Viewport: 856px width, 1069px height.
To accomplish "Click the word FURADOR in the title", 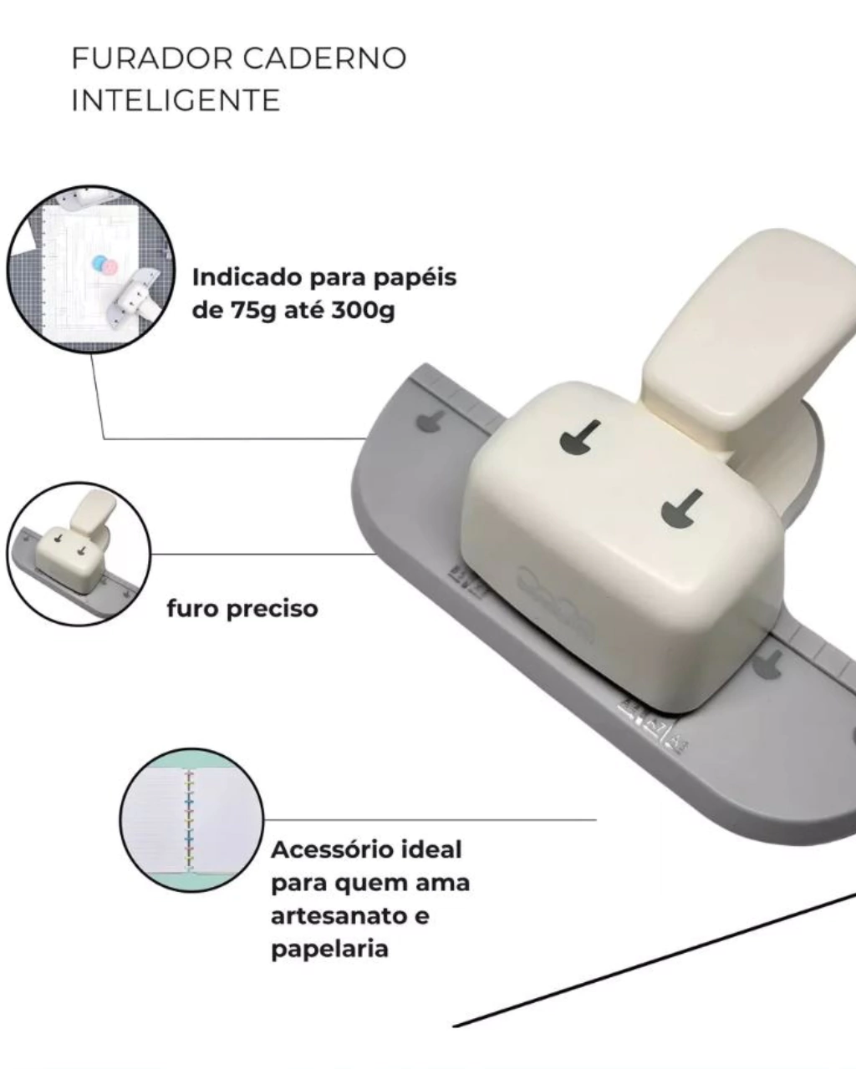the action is (152, 58).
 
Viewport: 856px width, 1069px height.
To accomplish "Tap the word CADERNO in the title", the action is (325, 58).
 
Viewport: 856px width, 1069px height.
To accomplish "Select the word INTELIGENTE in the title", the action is (176, 100).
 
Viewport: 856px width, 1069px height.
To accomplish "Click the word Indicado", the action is (247, 277).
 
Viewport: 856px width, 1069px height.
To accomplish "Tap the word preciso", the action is (272, 609).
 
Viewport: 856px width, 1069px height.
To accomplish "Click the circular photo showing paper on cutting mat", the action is (91, 269).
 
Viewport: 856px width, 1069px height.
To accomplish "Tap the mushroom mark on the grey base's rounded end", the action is (429, 421).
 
